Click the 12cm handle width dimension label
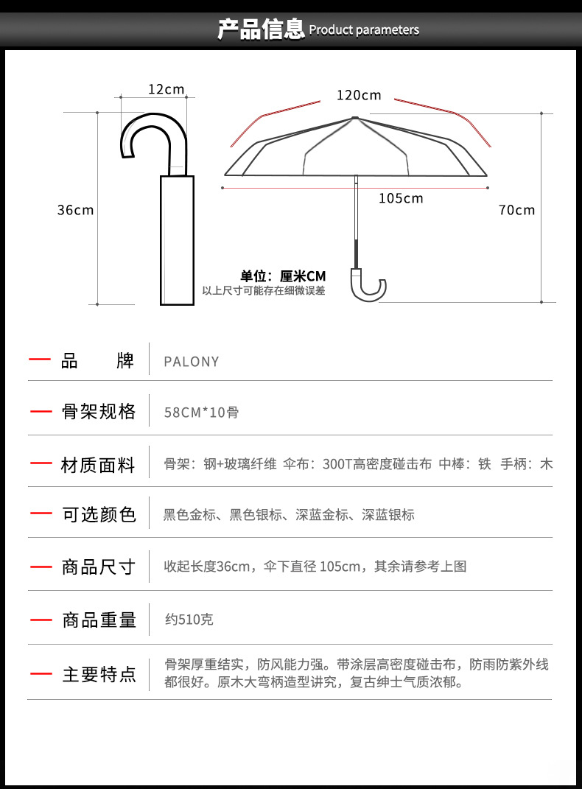pyautogui.click(x=166, y=89)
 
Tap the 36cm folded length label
pyautogui.click(x=75, y=210)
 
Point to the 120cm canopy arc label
pyautogui.click(x=359, y=95)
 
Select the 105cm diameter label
pyautogui.click(x=401, y=198)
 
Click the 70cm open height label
pyautogui.click(x=516, y=210)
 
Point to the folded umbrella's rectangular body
pyautogui.click(x=177, y=240)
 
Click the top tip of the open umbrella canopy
pyautogui.click(x=355, y=118)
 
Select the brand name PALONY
pyautogui.click(x=192, y=362)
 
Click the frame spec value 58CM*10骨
pyautogui.click(x=201, y=413)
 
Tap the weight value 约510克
pyautogui.click(x=189, y=620)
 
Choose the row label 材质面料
pyautogui.click(x=98, y=465)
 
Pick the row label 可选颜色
pyautogui.click(x=99, y=515)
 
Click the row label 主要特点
pyautogui.click(x=99, y=674)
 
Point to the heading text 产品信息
pyautogui.click(x=261, y=29)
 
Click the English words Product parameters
pyautogui.click(x=364, y=30)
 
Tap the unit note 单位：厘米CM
pyautogui.click(x=283, y=276)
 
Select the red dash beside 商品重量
pyautogui.click(x=41, y=620)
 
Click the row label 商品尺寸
pyautogui.click(x=99, y=567)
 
